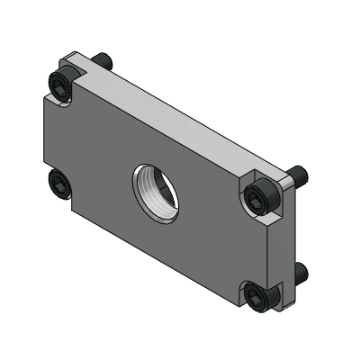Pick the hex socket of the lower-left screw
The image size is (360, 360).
58,186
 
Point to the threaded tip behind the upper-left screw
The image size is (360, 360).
105,60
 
